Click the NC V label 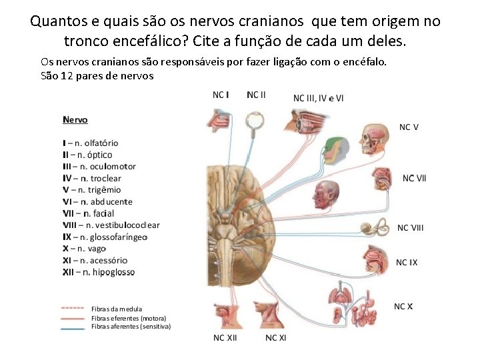(x=409, y=127)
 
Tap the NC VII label (x=414, y=178)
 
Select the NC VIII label (x=410, y=228)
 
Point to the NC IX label (x=407, y=263)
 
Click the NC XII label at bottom (x=225, y=338)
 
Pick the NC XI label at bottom (x=275, y=338)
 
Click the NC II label (x=256, y=95)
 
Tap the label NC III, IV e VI (x=319, y=98)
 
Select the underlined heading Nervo (x=75, y=120)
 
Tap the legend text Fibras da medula (x=116, y=309)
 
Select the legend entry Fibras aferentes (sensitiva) (x=131, y=327)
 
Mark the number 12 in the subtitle (x=64, y=75)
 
